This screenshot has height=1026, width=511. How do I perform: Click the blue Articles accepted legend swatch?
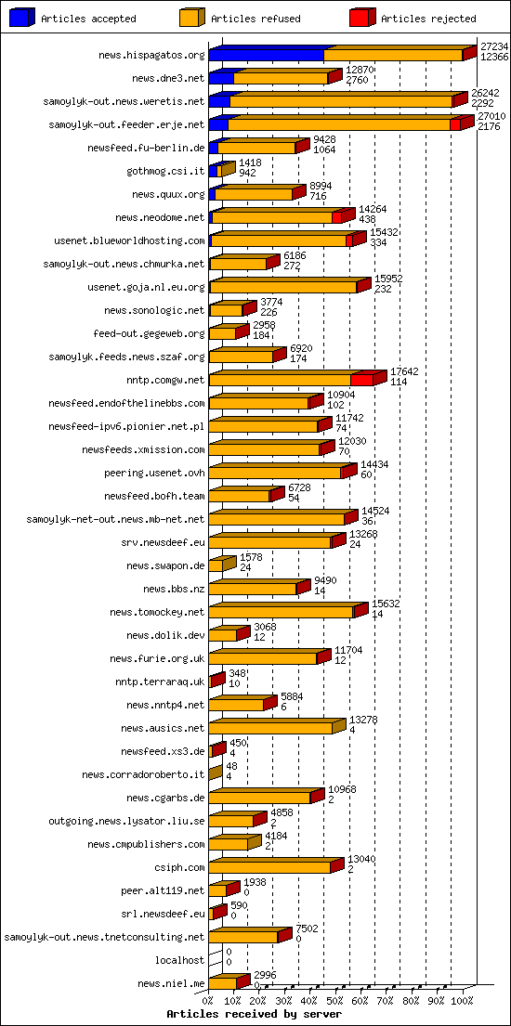[x=22, y=18]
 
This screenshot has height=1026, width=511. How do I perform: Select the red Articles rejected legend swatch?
[x=361, y=18]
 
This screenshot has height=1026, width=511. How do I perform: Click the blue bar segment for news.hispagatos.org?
[x=266, y=55]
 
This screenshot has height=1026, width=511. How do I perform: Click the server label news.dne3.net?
[x=168, y=78]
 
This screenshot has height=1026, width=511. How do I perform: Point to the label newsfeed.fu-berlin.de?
[x=146, y=148]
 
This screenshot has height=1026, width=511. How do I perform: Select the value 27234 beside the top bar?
[x=494, y=45]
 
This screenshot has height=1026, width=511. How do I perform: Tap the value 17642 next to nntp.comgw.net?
[x=403, y=370]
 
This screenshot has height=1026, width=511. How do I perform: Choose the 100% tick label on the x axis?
[x=462, y=1001]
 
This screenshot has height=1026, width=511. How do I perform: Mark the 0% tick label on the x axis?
[x=208, y=1001]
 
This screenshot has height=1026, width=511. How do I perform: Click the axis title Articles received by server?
[x=254, y=1014]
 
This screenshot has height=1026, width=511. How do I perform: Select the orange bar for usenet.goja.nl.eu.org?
[x=282, y=287]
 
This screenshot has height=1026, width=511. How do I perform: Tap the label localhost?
[x=179, y=960]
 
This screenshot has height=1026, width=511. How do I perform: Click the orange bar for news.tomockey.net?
[x=280, y=612]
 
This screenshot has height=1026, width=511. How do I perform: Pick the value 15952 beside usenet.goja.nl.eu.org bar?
[x=388, y=278]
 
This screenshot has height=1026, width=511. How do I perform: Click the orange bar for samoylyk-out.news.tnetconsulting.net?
[x=242, y=937]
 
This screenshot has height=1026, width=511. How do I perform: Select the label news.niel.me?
[x=171, y=983]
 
